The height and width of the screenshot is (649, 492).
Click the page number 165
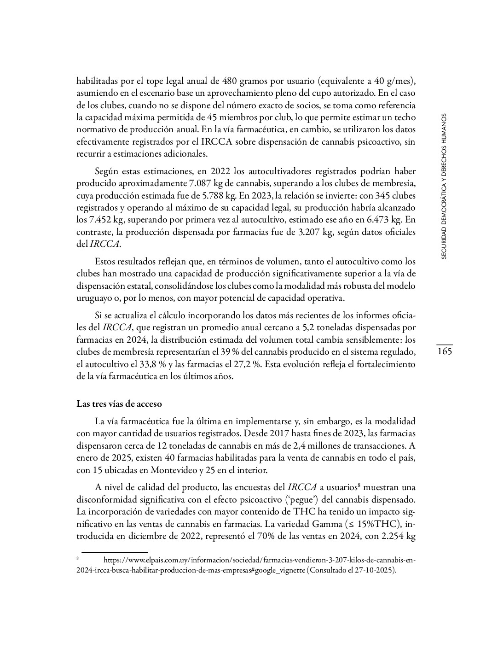pos(444,352)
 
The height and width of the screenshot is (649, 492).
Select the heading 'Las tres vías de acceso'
pos(119,404)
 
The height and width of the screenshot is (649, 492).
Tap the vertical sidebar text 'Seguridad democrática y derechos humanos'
pos(444,186)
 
